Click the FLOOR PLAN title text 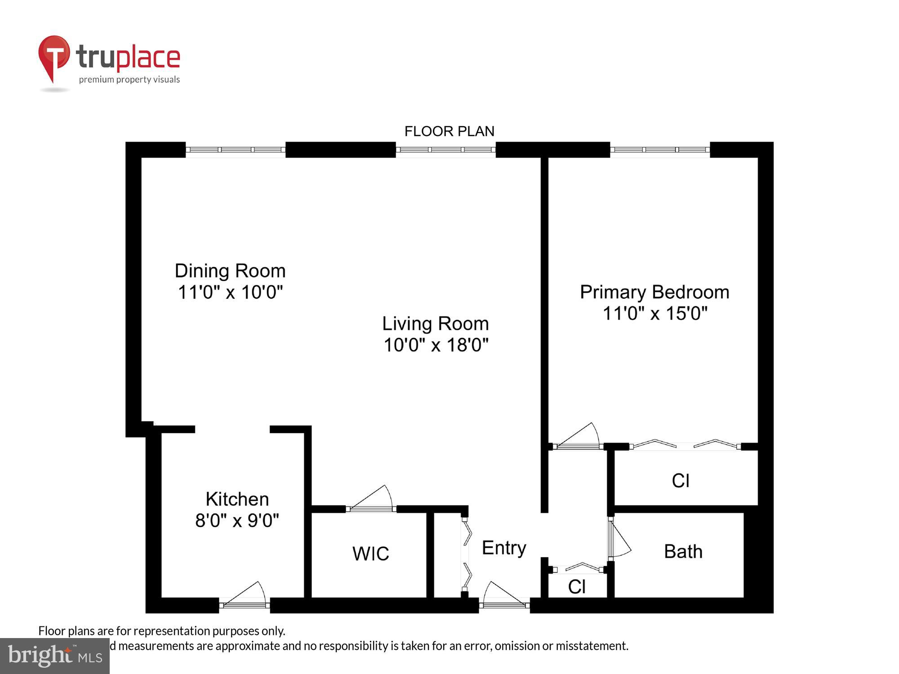(x=449, y=131)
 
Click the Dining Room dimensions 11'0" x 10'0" (x=230, y=293)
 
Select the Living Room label (x=435, y=324)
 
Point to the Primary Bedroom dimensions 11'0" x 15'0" (x=654, y=314)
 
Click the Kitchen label (x=237, y=499)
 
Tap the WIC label (x=370, y=554)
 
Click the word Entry (x=504, y=548)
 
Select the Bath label (x=683, y=551)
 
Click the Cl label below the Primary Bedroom (x=681, y=481)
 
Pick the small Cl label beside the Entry (x=577, y=587)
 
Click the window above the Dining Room (x=236, y=150)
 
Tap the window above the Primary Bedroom (x=660, y=150)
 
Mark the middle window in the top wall (x=445, y=150)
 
